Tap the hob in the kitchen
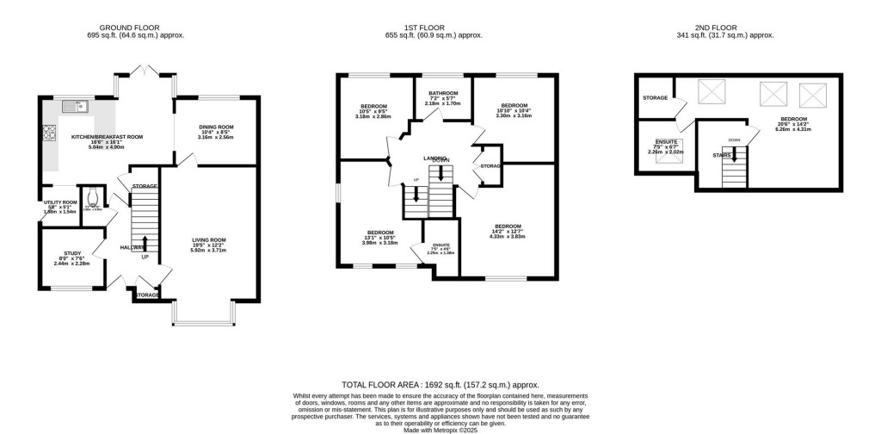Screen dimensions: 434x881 point(46,133)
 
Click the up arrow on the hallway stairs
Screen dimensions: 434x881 point(145,244)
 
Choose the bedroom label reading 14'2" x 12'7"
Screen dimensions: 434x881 point(508,231)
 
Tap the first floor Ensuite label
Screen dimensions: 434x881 point(434,249)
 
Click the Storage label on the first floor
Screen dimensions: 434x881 point(490,166)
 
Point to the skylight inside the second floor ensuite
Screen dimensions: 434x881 point(663,157)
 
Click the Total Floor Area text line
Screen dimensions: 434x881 point(440,386)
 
